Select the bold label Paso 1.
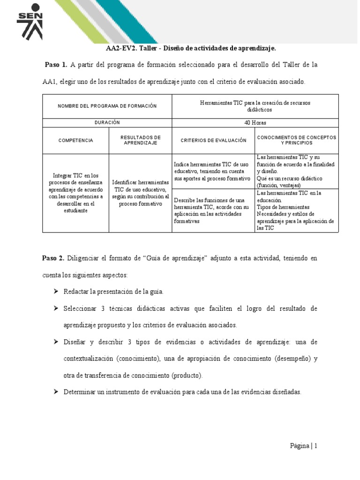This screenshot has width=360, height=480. pos(56,65)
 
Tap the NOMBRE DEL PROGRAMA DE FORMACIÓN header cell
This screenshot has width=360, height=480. pos(107,106)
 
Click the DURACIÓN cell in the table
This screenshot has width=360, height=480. pos(107,122)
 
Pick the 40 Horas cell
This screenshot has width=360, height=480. pos(255,122)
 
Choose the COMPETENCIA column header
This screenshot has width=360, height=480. pos(75,140)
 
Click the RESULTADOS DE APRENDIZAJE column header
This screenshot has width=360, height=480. pos(140,140)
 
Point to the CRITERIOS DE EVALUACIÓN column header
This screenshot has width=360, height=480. pos(213,140)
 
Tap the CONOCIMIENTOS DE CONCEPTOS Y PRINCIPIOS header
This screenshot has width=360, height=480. pos(296,140)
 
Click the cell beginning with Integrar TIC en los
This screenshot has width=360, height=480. pos(75,193)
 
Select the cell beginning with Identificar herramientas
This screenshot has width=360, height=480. pos(140,193)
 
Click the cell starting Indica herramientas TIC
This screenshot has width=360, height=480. pos(213,172)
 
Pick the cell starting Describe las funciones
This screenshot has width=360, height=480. pos(213,210)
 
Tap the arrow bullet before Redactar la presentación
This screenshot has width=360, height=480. pos(56,292)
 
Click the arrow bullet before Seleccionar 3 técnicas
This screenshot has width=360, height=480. pos(56,308)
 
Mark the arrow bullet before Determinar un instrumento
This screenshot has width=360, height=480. pos(56,391)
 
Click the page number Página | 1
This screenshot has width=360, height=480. pos(303,446)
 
